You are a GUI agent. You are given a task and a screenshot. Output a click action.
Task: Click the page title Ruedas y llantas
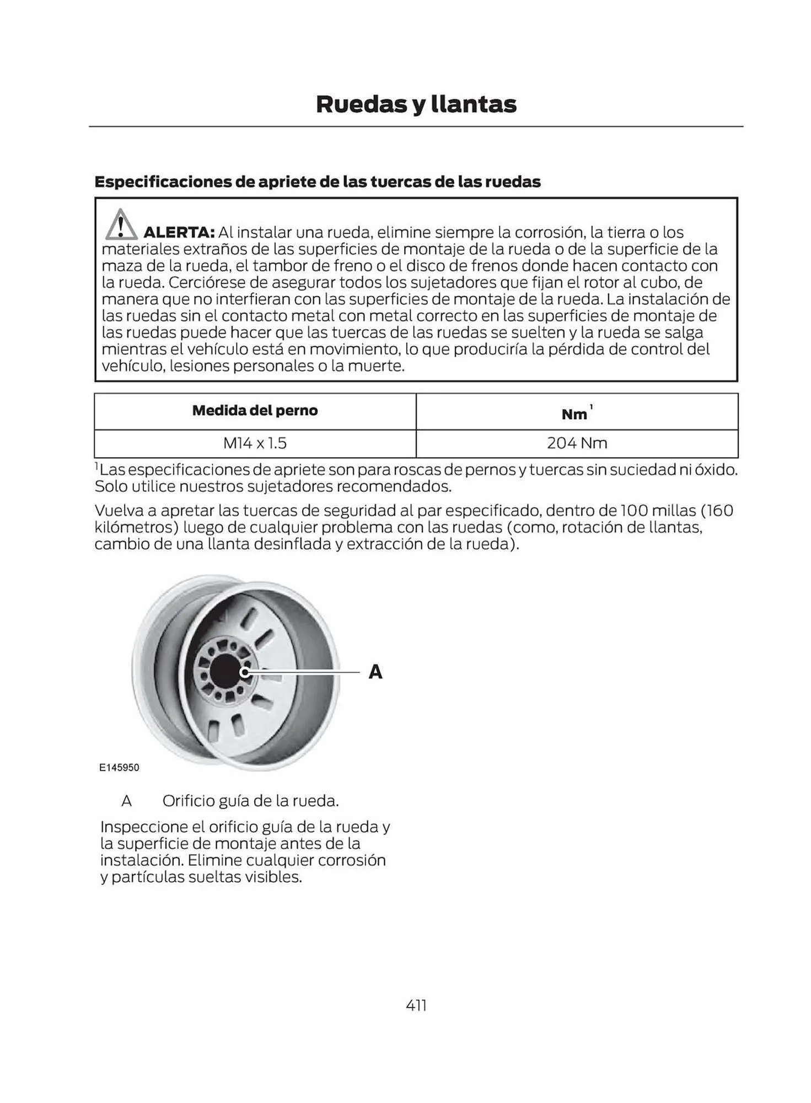[416, 104]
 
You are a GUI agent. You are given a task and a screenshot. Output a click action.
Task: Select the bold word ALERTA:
[179, 233]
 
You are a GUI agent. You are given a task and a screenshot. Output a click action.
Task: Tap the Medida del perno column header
[255, 410]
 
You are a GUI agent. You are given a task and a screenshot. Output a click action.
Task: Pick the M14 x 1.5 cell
[255, 443]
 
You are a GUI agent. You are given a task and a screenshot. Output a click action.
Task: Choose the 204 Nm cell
[577, 443]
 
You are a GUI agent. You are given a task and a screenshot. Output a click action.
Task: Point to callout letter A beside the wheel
[375, 672]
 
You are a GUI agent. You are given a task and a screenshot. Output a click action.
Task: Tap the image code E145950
[119, 768]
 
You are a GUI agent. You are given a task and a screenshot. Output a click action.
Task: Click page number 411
[416, 1005]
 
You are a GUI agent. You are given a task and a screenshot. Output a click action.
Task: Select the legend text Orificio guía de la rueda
[250, 801]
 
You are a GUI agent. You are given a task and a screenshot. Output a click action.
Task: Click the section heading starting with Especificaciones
[317, 181]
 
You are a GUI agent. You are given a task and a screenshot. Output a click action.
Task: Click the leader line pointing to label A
[309, 672]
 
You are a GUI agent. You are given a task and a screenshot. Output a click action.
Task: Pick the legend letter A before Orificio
[126, 801]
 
